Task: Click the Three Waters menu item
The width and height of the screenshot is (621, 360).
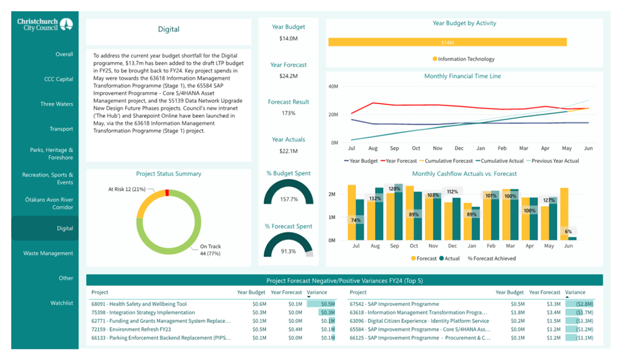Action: click(x=56, y=104)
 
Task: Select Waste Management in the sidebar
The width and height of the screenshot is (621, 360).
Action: click(x=48, y=253)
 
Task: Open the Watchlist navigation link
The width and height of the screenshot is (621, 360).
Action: click(x=61, y=303)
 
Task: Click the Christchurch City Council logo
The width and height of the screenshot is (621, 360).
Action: click(x=45, y=25)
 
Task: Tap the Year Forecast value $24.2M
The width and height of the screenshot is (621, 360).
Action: click(x=289, y=76)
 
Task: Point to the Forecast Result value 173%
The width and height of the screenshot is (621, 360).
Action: click(x=289, y=113)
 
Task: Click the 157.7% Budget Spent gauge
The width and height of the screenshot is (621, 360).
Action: click(x=289, y=192)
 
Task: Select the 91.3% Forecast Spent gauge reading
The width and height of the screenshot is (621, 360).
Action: click(x=289, y=252)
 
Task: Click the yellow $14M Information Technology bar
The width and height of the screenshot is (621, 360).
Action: click(x=447, y=42)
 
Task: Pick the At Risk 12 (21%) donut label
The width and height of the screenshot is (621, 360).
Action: click(x=127, y=189)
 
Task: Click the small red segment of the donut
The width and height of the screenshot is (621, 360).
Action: click(x=167, y=193)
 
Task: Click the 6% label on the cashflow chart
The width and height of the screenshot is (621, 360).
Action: click(x=568, y=231)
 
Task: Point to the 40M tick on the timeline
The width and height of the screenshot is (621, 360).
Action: click(x=333, y=86)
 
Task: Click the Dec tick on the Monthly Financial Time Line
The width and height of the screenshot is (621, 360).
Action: click(x=459, y=148)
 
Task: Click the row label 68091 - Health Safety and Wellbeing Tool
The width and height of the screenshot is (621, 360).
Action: click(x=139, y=304)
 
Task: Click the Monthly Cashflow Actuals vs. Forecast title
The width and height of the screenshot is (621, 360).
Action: click(x=464, y=173)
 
